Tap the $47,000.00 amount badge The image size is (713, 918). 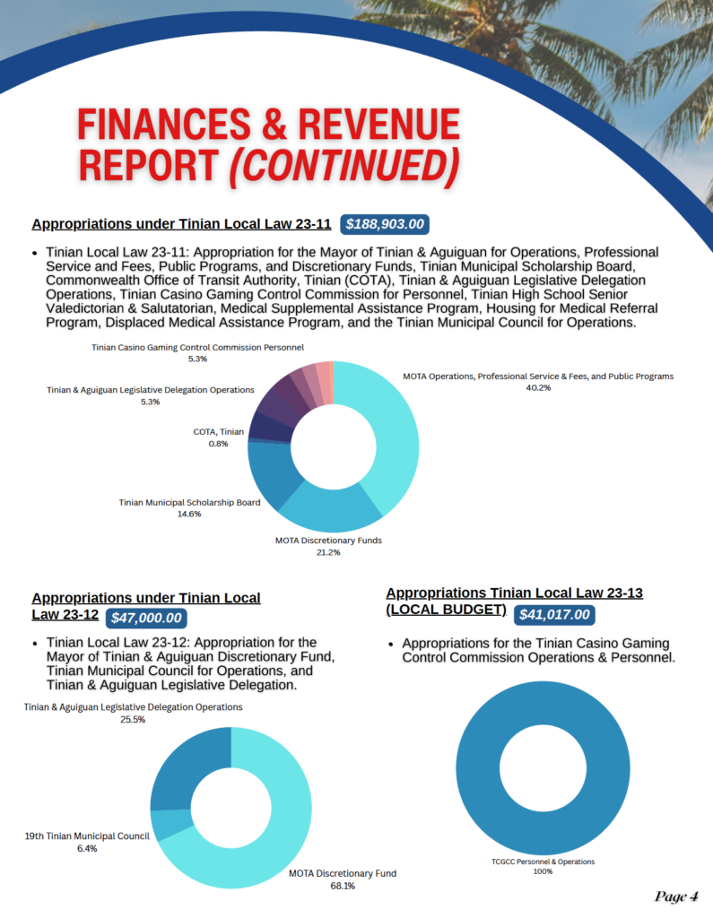coord(147,618)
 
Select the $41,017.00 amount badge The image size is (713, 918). coord(554,615)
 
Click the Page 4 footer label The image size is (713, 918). coord(676,896)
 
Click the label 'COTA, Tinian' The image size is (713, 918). coord(218,431)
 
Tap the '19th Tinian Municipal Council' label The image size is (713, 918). coord(86,836)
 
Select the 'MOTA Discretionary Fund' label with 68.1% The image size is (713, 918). coord(343,873)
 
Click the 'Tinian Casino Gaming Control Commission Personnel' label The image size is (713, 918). coord(198,347)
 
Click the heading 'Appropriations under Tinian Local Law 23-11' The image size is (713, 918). coord(182,224)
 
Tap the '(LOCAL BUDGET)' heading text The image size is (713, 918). coord(446,611)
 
